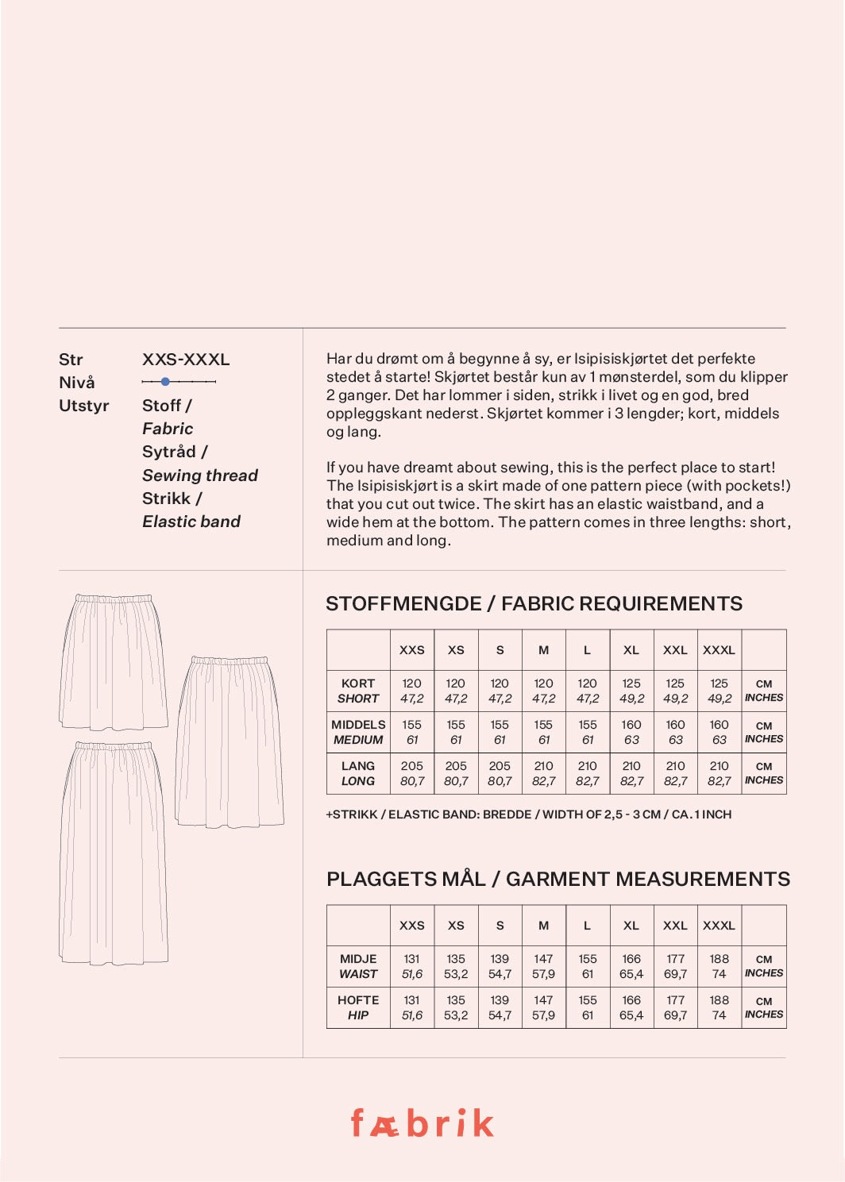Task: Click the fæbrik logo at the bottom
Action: tap(422, 1122)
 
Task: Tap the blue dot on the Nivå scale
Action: tap(165, 382)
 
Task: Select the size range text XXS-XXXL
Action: tap(186, 359)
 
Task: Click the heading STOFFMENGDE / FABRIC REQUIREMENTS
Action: tap(534, 603)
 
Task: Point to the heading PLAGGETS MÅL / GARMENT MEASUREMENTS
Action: tap(558, 879)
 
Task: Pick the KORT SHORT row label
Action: tap(358, 691)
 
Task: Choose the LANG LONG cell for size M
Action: tap(543, 773)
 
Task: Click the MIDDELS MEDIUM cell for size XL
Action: tap(631, 732)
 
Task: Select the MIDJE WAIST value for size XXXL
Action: tap(719, 966)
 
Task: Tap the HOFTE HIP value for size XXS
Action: tap(411, 1007)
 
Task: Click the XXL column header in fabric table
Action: tap(675, 649)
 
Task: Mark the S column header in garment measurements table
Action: tap(500, 925)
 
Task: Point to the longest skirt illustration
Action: tap(113, 853)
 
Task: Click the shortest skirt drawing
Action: tap(113, 661)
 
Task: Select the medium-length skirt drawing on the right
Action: tap(230, 741)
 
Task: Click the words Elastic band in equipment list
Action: tap(191, 522)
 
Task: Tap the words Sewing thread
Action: tap(199, 475)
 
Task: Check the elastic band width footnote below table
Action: tap(528, 814)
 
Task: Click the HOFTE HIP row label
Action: tap(358, 1007)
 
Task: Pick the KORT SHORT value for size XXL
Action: tap(675, 691)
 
